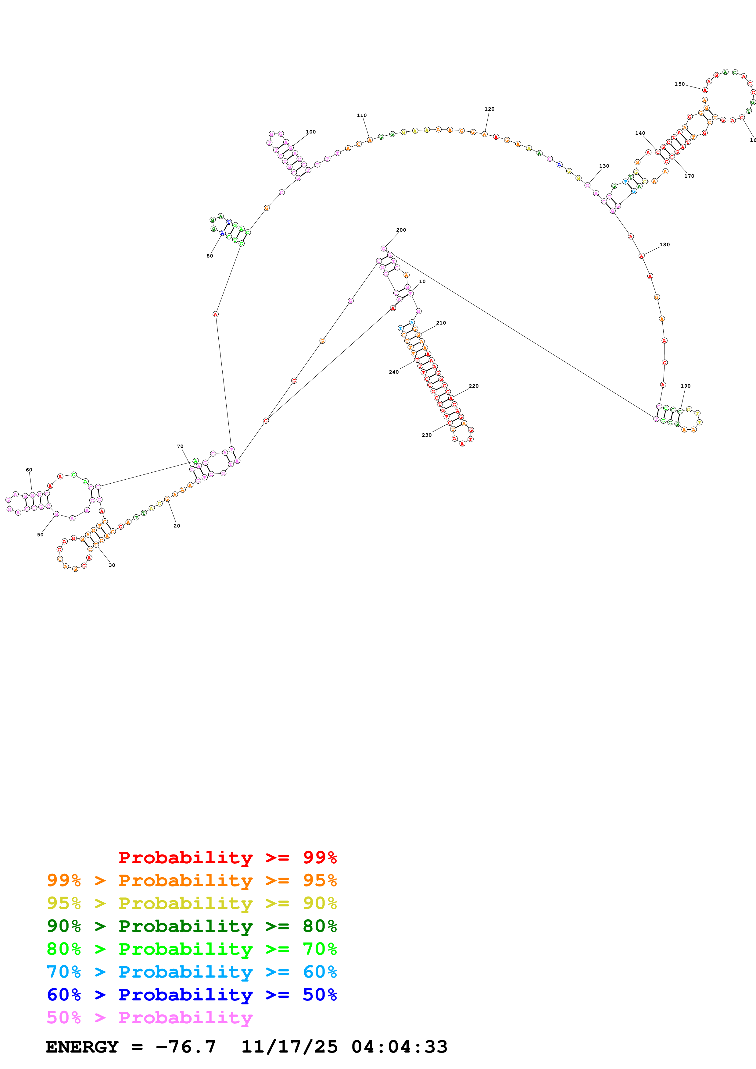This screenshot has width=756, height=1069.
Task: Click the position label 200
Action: pyautogui.click(x=401, y=230)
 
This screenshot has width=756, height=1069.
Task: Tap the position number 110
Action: pyautogui.click(x=361, y=115)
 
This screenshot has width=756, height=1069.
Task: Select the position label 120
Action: pyautogui.click(x=489, y=109)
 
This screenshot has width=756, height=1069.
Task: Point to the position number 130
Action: pyautogui.click(x=604, y=166)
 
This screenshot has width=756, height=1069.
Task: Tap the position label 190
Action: pyautogui.click(x=685, y=386)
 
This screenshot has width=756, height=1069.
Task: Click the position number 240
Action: pyautogui.click(x=394, y=372)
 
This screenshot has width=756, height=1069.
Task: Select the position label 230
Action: pyautogui.click(x=426, y=435)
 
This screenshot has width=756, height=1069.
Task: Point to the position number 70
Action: pyautogui.click(x=180, y=446)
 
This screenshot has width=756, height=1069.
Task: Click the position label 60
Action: pyautogui.click(x=29, y=470)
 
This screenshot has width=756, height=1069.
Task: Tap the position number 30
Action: pyautogui.click(x=112, y=565)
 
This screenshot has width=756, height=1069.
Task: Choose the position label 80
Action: pyautogui.click(x=210, y=256)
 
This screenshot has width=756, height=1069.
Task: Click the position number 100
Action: pyautogui.click(x=311, y=132)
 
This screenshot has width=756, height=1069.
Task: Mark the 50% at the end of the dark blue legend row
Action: pyautogui.click(x=320, y=995)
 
